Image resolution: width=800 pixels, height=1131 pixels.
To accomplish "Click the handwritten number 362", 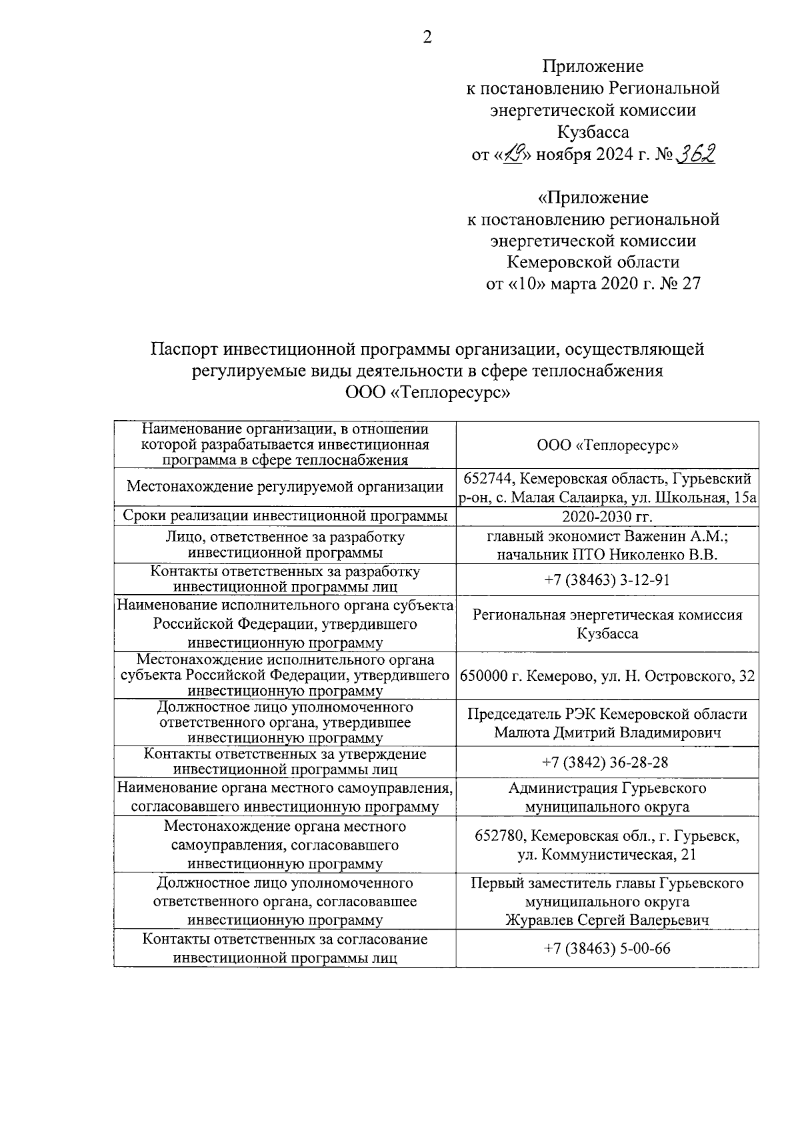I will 695,154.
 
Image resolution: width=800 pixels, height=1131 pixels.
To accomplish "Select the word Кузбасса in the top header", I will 593,132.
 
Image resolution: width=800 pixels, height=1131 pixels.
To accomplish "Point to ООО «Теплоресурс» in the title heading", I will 427,393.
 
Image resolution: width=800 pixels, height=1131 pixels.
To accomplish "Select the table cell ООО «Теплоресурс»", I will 607,445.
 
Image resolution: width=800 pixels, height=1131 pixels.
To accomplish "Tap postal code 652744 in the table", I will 485,479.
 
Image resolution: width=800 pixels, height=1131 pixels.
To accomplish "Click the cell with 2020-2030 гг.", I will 607,517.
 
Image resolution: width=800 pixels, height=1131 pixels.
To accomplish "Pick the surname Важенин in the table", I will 655,536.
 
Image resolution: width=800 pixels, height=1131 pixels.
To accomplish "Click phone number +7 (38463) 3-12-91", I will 607,580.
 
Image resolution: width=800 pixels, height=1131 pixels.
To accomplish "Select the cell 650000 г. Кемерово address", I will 607,676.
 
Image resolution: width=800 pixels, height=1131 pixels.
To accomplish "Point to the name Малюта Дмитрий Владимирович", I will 607,733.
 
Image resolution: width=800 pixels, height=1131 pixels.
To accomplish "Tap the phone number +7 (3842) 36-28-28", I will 607,762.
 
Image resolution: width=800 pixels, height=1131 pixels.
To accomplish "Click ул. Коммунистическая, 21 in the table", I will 607,854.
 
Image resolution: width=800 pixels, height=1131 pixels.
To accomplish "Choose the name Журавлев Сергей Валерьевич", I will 607,920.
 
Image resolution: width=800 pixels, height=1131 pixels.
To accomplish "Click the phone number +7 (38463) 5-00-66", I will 607,948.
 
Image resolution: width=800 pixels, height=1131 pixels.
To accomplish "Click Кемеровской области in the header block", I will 593,262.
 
